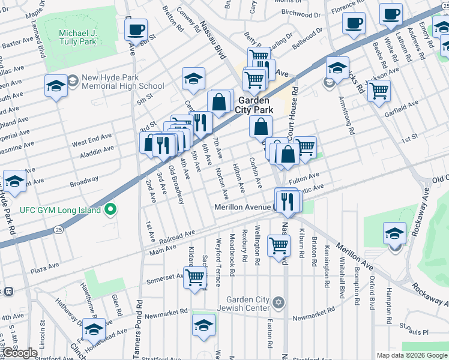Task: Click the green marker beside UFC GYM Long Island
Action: (109, 209)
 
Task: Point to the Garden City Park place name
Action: (256, 106)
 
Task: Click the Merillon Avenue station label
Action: (243, 207)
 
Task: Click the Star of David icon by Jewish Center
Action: (277, 301)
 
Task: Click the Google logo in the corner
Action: (20, 353)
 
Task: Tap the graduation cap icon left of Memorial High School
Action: (56, 86)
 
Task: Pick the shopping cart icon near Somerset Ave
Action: (195, 277)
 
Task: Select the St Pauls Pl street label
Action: (414, 331)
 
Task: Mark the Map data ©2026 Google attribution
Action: (411, 355)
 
